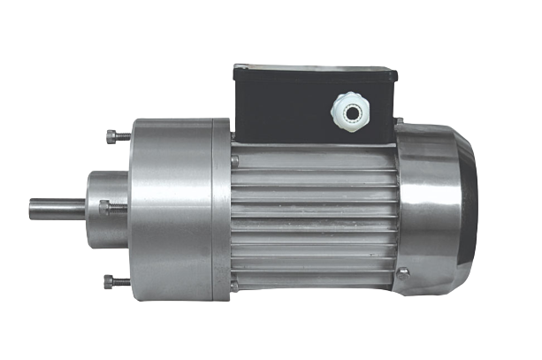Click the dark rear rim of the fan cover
472,208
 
